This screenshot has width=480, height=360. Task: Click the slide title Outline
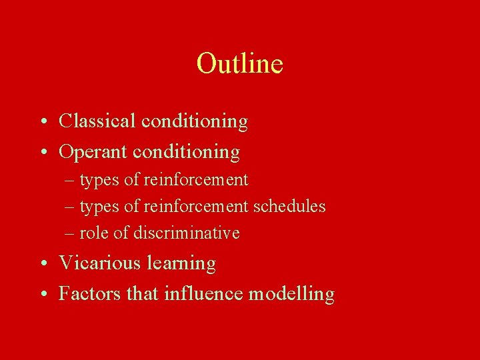240,64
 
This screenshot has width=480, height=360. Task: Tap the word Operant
93,152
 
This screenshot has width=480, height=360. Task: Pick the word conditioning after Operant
186,152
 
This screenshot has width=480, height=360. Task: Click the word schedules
289,207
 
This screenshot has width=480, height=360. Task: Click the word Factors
90,293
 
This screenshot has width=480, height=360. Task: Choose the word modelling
291,294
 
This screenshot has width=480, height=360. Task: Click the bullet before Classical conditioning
42,122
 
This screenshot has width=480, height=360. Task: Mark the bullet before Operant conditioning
42,153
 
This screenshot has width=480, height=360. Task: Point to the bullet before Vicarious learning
42,264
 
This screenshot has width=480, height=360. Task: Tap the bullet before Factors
42,294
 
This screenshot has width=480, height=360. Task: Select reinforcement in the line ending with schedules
196,207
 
